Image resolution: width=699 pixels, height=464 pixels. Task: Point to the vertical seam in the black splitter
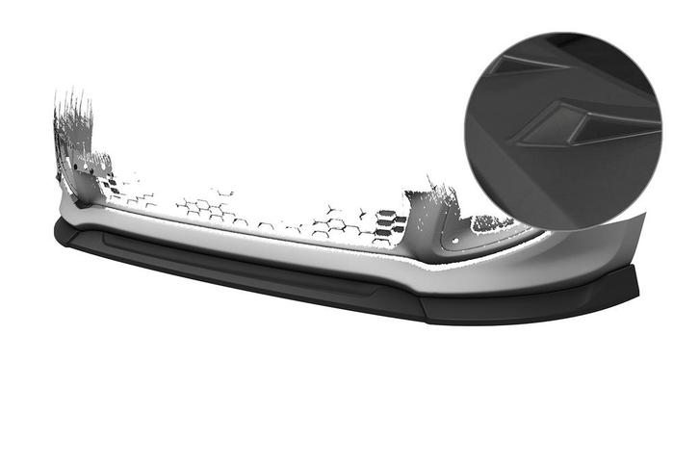point(420,307)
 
